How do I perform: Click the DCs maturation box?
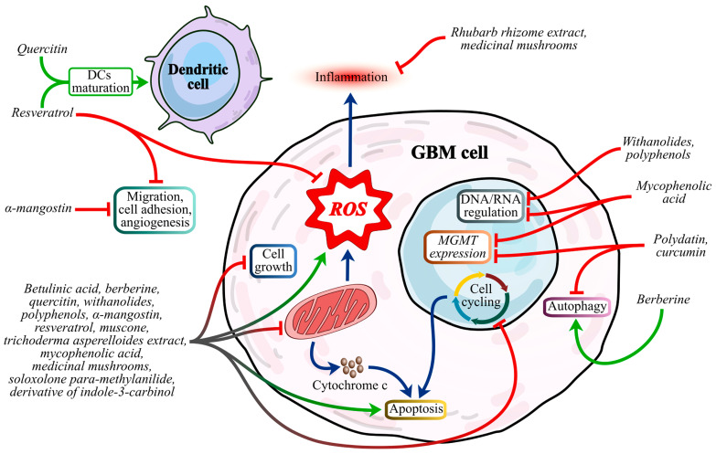pos(101,81)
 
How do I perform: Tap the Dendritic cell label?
pos(198,76)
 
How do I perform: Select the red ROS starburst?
pos(348,208)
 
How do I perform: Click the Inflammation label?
pos(351,77)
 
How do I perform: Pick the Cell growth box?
pos(273,260)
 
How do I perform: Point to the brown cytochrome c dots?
pos(352,364)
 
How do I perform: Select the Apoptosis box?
pos(415,409)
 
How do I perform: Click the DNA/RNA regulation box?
pos(490,206)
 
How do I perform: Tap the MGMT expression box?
pos(457,248)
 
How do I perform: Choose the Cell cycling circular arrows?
pos(480,299)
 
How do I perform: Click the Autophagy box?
pos(577,307)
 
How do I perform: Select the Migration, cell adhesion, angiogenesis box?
pos(155,209)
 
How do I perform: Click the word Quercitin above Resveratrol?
pos(42,48)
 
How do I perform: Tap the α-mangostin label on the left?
pos(38,208)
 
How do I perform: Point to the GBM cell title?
pos(450,152)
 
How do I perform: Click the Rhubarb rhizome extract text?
pos(518,33)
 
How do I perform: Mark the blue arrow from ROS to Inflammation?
pos(350,130)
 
